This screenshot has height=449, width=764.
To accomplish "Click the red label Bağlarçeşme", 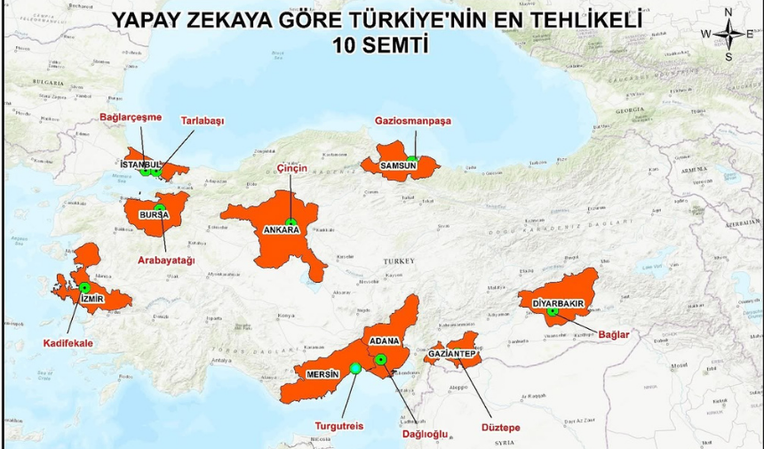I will tap(130, 116).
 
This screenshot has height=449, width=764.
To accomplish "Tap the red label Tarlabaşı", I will tap(203, 120).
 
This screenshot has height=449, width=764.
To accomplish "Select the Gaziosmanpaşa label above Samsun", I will tap(413, 120).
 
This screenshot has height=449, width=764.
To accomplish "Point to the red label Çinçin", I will tap(290, 168).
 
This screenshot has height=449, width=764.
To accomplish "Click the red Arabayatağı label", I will tap(165, 260).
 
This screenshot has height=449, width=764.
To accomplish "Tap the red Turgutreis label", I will tap(339, 425).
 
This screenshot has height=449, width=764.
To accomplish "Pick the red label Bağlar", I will tap(614, 334).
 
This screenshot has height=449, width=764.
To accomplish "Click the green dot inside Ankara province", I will tap(290, 222).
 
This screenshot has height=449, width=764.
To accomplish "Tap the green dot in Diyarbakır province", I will tap(553, 311).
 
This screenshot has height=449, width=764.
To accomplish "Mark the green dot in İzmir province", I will tap(85, 288).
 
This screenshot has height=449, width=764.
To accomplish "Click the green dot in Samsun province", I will tap(411, 160).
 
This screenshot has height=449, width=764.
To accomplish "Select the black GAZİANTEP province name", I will tap(454, 354).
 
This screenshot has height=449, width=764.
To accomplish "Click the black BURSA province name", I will tap(155, 215).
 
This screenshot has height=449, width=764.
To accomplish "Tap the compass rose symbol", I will tap(728, 34).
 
